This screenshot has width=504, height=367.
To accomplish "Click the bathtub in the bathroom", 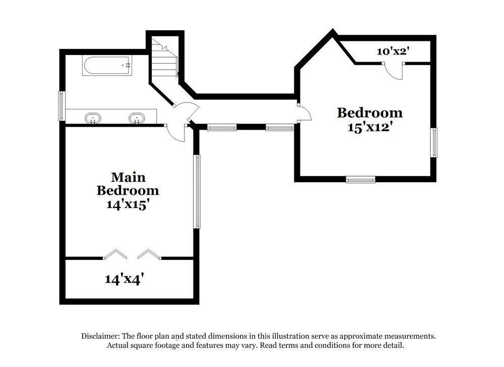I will point(107,66).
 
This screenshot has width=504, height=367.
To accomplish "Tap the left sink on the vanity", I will point(93,118).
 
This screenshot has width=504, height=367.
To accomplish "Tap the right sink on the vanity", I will point(136,118).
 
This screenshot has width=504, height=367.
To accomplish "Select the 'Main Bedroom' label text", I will point(128,184).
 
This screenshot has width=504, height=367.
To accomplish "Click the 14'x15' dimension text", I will point(128,204).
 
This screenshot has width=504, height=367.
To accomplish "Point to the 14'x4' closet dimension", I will point(128,279).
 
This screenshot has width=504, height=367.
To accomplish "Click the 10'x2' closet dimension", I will point(393,51).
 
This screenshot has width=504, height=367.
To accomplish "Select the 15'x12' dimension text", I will point(370,127).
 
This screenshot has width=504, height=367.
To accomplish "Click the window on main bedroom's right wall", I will point(198,191).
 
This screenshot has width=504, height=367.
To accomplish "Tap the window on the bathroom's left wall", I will point(62,106).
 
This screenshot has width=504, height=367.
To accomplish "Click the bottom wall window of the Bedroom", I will point(360,179).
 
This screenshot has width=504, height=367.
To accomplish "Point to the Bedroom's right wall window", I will point(433,142).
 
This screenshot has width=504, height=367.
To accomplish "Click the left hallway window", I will point(222,128).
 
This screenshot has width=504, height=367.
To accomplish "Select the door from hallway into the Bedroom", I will point(304,113).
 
